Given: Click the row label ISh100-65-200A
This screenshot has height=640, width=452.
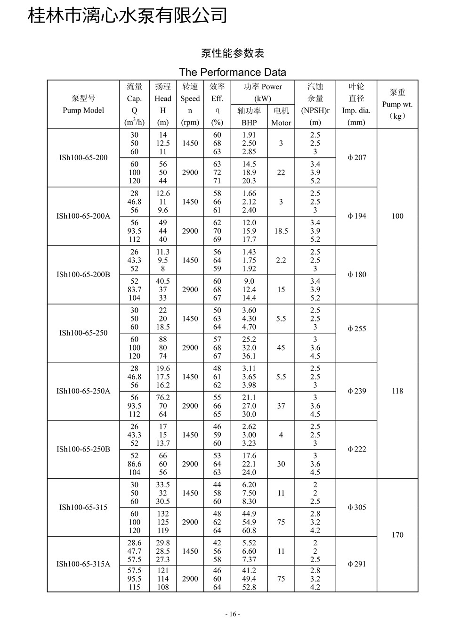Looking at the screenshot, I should coord(83,216).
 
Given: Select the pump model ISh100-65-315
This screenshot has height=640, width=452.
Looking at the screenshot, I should coord(83,508).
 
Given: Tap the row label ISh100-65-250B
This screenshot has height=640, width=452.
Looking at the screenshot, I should coord(83,449).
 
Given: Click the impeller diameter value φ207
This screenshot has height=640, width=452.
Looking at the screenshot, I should coord(356,158).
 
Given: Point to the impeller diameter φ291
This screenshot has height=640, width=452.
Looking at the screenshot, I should coord(356,564).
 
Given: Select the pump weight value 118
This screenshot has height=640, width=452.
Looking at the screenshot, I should coord(397,391).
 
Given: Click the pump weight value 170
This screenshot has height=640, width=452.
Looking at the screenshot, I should coord(397,535).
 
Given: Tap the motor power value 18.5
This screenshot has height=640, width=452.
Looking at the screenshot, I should coord(281,231).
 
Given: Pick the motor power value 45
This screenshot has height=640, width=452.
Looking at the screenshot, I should coord(281,348).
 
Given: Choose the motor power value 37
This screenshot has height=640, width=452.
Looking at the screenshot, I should coord(281,406).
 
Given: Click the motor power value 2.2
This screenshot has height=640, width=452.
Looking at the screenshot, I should coord(281,260).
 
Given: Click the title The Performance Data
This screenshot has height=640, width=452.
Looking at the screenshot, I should coord(233,72).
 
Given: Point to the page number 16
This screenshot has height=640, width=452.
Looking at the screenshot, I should coord(233,614).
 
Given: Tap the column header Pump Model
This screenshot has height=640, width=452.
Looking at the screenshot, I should coord(83,110).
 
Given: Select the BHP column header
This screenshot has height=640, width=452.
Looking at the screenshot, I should coord(249,123).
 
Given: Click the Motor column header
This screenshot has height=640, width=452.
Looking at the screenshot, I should coord(281,123).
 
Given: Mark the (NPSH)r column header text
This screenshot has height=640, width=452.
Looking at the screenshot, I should coord(315,110).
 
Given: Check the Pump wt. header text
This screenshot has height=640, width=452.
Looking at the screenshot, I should coord(397,104).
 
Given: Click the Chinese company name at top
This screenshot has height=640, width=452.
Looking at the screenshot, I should coord(128,16).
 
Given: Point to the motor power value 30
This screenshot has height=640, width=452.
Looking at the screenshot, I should coord(281,464).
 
